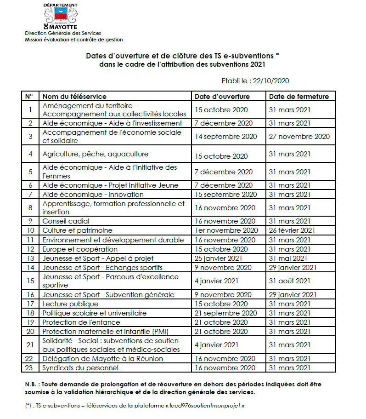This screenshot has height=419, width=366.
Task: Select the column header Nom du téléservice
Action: click(x=74, y=97)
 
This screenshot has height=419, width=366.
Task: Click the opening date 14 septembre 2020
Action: click(x=225, y=137)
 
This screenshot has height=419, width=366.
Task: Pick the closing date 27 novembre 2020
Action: click(x=299, y=137)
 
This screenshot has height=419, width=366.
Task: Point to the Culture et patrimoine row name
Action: click(x=77, y=230)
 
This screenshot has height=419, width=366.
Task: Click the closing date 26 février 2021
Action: click(x=292, y=230)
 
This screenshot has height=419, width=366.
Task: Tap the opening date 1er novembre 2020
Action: click(x=226, y=230)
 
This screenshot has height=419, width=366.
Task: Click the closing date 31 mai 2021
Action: click(x=288, y=258)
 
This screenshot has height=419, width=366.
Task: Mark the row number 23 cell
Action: click(x=30, y=368)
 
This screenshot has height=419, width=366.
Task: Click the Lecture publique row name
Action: click(x=70, y=304)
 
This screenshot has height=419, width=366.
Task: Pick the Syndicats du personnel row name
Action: click(x=80, y=368)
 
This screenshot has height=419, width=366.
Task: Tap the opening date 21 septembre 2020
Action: click(x=225, y=313)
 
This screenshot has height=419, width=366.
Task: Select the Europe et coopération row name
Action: click(x=75, y=249)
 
